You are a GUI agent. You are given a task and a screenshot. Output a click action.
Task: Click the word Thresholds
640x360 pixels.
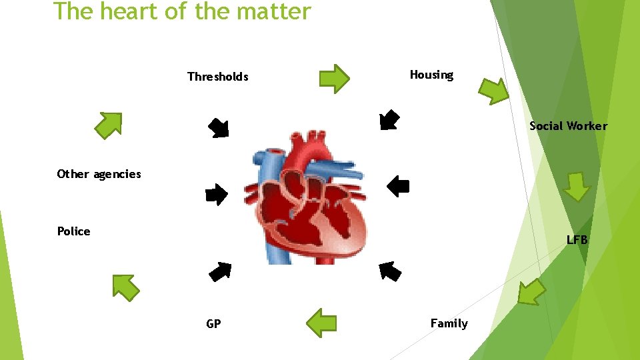[217, 77]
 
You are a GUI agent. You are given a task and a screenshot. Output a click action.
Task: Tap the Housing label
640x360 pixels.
[431, 75]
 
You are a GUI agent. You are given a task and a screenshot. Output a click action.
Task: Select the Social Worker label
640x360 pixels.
[568, 126]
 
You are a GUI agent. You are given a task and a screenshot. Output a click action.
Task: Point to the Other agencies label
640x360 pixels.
[99, 174]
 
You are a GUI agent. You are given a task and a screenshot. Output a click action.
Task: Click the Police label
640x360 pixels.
[73, 231]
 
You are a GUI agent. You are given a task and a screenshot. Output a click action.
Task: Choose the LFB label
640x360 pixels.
[577, 239]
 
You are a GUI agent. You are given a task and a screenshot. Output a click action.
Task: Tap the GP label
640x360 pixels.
[213, 324]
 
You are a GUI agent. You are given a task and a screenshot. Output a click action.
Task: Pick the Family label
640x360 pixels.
[449, 323]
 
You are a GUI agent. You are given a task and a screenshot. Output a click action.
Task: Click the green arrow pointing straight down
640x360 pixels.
[577, 187]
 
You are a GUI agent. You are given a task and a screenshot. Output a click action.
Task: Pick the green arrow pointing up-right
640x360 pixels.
[108, 125]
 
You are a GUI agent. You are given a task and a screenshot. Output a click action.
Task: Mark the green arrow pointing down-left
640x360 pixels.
[531, 291]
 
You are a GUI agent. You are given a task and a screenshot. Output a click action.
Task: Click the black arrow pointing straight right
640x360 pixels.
[216, 194]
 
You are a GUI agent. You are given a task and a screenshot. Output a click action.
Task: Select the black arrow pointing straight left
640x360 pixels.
[398, 185]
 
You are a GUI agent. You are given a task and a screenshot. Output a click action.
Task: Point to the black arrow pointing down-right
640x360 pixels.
[218, 127]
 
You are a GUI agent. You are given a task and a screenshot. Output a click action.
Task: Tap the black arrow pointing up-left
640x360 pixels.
[390, 271]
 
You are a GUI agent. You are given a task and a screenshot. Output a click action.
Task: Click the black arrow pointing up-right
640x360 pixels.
[220, 271]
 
